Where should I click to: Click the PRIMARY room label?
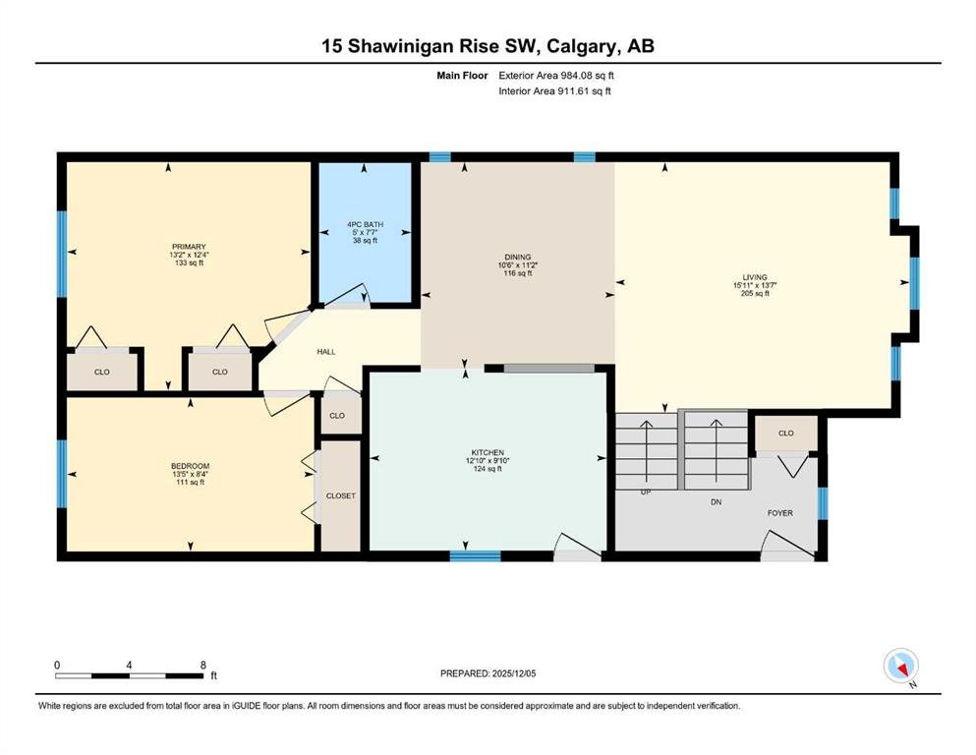[189, 247]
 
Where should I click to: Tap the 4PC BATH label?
[366, 224]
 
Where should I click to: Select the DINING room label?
[518, 257]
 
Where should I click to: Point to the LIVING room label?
[755, 277]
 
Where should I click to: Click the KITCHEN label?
[488, 452]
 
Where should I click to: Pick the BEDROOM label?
[190, 466]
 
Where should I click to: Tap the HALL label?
[326, 352]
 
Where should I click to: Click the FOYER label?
[780, 513]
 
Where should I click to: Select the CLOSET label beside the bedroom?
[340, 495]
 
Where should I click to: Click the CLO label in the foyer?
[786, 433]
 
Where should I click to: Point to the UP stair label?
[646, 492]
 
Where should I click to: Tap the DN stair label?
[716, 501]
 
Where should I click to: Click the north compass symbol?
[901, 667]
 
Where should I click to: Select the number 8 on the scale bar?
[202, 665]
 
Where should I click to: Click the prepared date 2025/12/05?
[513, 673]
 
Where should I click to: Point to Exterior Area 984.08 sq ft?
[556, 76]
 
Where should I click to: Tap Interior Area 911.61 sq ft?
[554, 90]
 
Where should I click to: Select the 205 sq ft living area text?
[755, 293]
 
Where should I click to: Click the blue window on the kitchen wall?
[475, 555]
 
